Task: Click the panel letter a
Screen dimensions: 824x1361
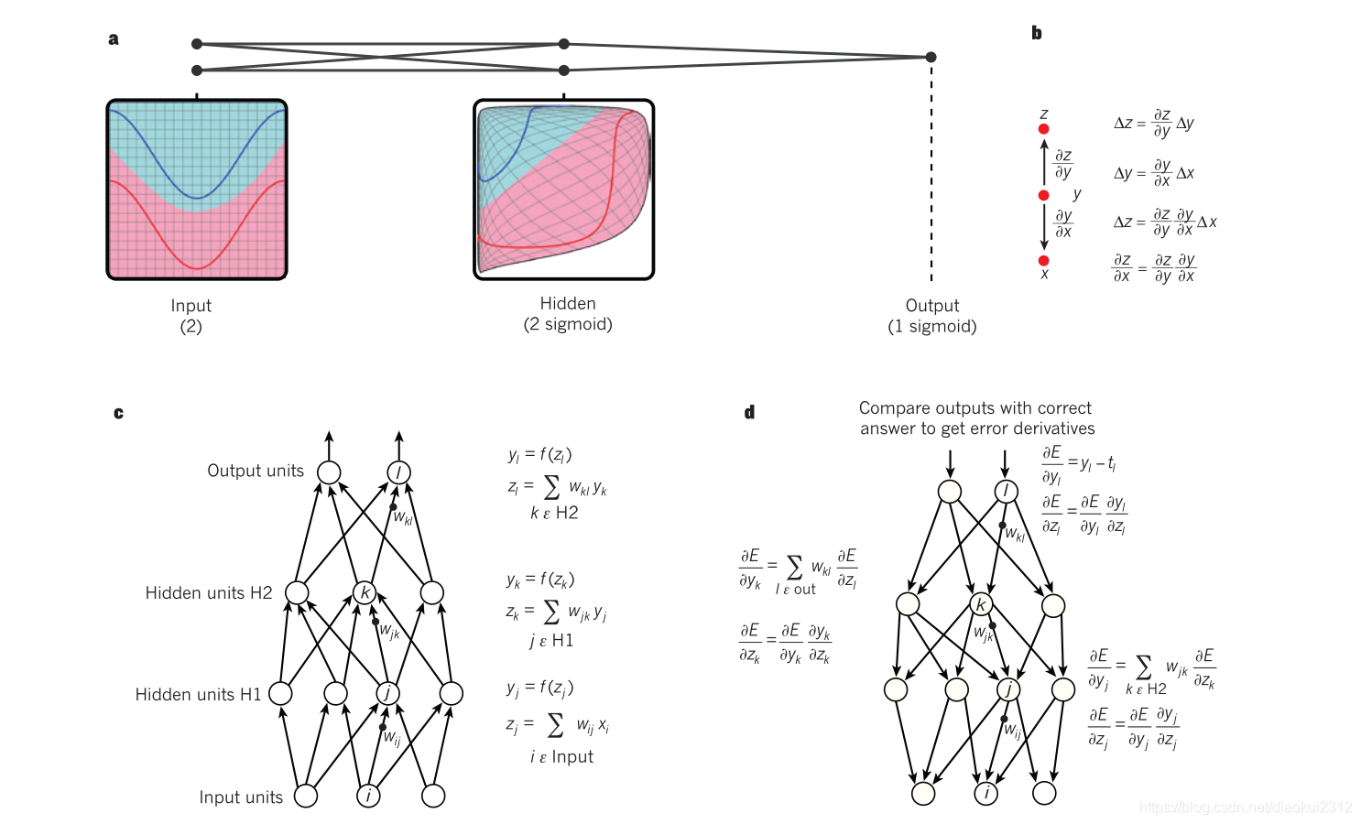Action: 114,38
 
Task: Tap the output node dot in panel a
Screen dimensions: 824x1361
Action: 931,57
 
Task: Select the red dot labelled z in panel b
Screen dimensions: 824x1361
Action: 1043,129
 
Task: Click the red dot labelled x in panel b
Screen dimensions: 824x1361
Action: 1043,261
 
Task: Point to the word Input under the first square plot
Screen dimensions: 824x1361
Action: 191,306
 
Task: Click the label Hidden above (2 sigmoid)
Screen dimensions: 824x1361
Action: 567,303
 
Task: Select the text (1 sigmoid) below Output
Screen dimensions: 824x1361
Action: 931,327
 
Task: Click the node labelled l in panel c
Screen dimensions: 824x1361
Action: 398,472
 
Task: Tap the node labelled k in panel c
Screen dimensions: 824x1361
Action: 365,592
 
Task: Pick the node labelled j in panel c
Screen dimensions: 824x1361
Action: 387,693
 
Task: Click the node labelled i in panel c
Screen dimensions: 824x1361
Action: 368,796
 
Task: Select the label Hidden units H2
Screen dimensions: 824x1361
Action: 209,593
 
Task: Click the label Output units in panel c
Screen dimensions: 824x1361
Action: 256,471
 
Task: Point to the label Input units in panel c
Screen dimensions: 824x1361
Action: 241,797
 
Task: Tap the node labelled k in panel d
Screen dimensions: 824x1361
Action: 981,604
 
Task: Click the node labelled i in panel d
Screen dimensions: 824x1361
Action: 985,793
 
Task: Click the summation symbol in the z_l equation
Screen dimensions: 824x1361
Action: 551,487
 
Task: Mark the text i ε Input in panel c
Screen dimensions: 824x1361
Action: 561,757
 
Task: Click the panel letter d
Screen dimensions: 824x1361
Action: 749,412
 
